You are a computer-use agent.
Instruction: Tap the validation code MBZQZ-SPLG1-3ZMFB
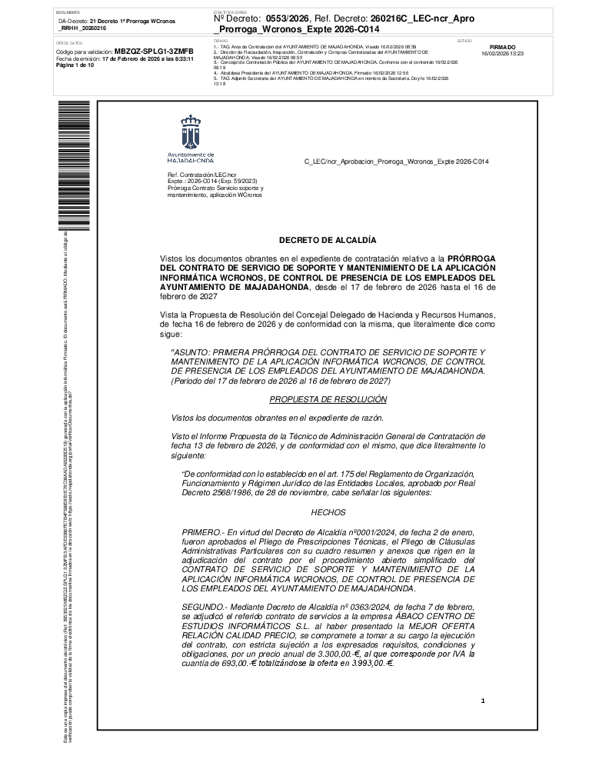click(154, 51)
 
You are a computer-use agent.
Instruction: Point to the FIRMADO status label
click(502, 47)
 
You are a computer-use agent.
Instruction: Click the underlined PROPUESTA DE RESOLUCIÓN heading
click(328, 399)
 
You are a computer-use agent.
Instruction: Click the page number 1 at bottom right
click(483, 701)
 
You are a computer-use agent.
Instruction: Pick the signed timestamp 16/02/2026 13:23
click(502, 54)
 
